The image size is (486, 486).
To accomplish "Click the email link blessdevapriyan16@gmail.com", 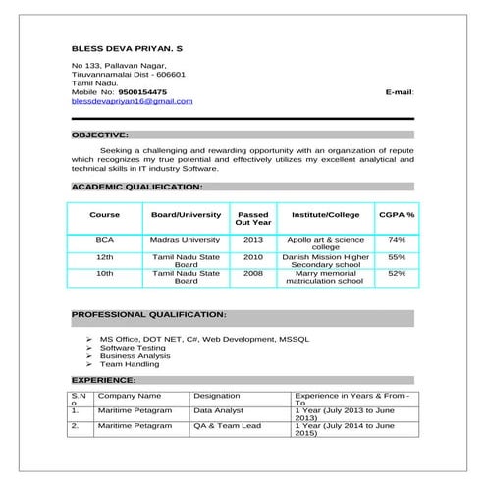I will pyautogui.click(x=133, y=101).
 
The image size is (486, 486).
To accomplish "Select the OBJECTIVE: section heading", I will pyautogui.click(x=100, y=134).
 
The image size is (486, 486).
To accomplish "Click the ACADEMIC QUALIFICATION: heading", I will pyautogui.click(x=137, y=186).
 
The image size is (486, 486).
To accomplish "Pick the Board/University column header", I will pyautogui.click(x=186, y=214).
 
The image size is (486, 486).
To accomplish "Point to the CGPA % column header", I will pyautogui.click(x=397, y=214).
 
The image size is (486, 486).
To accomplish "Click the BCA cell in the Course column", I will pyautogui.click(x=105, y=239).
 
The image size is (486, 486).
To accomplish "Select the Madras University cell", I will pyautogui.click(x=186, y=239).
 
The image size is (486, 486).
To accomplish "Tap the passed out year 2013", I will pyautogui.click(x=253, y=239).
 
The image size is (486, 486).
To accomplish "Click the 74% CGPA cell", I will pyautogui.click(x=397, y=239).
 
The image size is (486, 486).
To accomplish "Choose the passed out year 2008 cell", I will pyautogui.click(x=253, y=273).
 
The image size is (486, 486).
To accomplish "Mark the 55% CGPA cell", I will pyautogui.click(x=397, y=256).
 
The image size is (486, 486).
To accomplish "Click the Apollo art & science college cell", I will pyautogui.click(x=325, y=243).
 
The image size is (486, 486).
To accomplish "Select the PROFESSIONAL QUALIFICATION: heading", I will pyautogui.click(x=149, y=315).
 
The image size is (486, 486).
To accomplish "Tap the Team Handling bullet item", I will pyautogui.click(x=130, y=364).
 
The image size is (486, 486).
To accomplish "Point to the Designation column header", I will pyautogui.click(x=216, y=394).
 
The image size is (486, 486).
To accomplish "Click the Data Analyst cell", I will pyautogui.click(x=218, y=410).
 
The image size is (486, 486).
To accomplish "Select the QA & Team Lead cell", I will pyautogui.click(x=227, y=426).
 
